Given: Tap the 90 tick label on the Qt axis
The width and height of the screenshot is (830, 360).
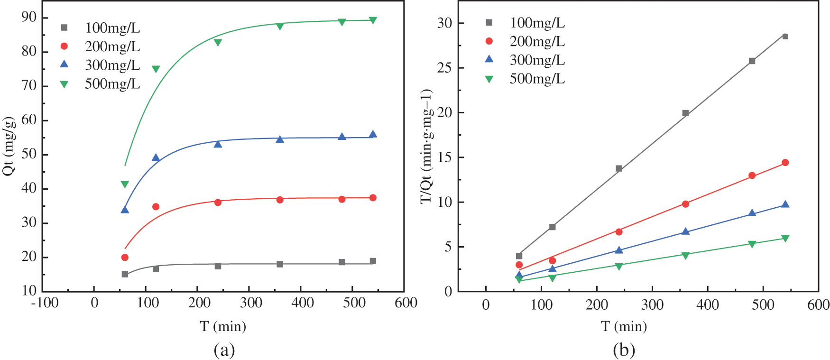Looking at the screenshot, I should pos(29,18).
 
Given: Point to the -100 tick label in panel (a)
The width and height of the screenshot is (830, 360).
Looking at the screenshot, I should pos(45,303).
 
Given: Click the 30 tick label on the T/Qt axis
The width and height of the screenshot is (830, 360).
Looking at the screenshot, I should pos(444,23).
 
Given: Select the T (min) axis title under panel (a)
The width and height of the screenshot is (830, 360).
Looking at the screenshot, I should pos(223,326).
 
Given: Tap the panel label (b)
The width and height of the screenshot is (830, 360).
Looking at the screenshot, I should pos(624,351).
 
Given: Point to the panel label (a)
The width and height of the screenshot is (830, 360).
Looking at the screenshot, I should pos(224,351).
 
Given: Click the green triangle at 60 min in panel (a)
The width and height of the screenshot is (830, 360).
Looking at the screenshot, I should pos(125,184).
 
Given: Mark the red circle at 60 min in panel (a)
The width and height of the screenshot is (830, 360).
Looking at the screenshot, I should pos(125,258).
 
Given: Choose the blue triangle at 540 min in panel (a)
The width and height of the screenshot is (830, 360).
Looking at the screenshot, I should pos(373,135).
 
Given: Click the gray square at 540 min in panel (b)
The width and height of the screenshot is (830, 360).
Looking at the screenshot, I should pos(785,37).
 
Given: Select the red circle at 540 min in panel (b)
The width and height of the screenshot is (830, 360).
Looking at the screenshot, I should pos(785,163).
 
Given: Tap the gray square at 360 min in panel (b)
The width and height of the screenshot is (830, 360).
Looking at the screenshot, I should pos(685,113).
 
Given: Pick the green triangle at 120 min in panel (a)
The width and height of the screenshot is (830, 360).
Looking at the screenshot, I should pos(156,69).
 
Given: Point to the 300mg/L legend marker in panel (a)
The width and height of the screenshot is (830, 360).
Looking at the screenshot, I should pos(65,65).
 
